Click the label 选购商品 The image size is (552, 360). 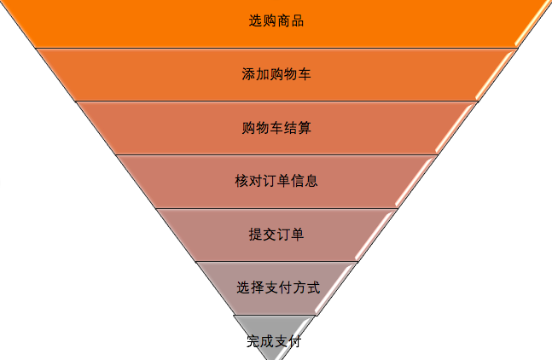pos(276,20)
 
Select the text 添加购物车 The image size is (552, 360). pos(276,74)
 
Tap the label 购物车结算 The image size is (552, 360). pos(276,128)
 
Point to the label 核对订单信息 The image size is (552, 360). pos(276,181)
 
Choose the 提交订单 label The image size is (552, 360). pos(276,235)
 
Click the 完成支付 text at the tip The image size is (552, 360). pos(274,342)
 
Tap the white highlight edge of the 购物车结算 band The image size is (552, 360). pos(456,128)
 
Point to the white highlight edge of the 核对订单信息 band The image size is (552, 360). pos(417,181)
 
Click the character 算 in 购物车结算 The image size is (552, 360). pos(304,128)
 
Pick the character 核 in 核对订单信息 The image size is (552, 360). pos(241,181)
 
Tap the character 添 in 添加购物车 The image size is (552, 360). pos(248,74)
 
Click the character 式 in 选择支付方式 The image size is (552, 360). pos(313,287)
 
